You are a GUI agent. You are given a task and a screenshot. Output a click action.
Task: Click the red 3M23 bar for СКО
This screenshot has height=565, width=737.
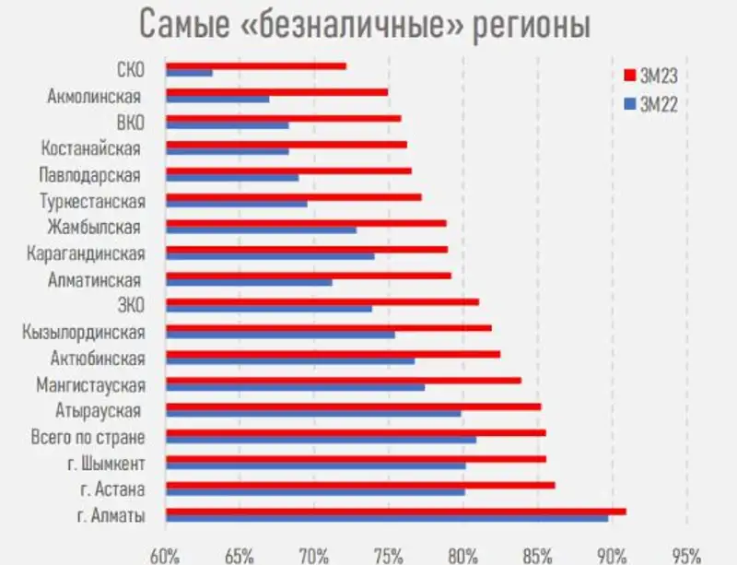tap(256, 66)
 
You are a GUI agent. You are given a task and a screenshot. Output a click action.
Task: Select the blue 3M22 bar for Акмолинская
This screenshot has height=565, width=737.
tap(217, 99)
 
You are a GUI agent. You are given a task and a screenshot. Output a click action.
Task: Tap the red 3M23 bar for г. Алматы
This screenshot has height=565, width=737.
tap(396, 511)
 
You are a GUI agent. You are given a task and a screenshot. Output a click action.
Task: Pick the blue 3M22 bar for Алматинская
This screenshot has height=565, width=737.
tap(249, 281)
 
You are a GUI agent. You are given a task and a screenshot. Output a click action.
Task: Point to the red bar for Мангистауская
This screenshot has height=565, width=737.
tap(344, 380)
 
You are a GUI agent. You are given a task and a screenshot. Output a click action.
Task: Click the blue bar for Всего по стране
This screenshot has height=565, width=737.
tap(322, 440)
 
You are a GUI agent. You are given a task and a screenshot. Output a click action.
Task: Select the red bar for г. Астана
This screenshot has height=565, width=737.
tap(360, 484)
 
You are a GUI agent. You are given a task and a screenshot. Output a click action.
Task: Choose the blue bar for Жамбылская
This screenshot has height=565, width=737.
tap(261, 230)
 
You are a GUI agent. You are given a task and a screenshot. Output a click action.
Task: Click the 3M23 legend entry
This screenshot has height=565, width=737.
tap(652, 75)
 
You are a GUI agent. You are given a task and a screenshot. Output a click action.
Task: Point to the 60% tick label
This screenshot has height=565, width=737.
tap(165, 555)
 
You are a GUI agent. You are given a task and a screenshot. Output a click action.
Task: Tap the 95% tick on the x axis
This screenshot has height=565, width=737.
tap(686, 555)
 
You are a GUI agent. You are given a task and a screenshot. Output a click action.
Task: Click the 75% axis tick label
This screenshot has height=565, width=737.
tap(389, 555)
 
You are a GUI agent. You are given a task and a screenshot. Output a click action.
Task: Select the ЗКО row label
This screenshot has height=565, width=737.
tap(129, 306)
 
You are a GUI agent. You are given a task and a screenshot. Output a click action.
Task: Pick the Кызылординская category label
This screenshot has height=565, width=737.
tap(84, 332)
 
